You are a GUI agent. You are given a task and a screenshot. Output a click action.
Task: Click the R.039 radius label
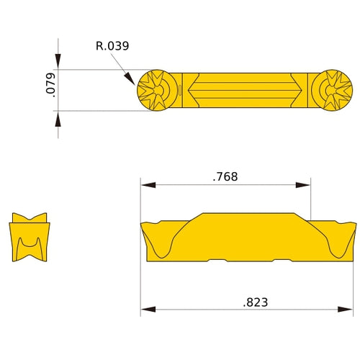pyautogui.click(x=112, y=46)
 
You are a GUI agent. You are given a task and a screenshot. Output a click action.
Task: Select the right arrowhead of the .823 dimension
pyautogui.click(x=350, y=310)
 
